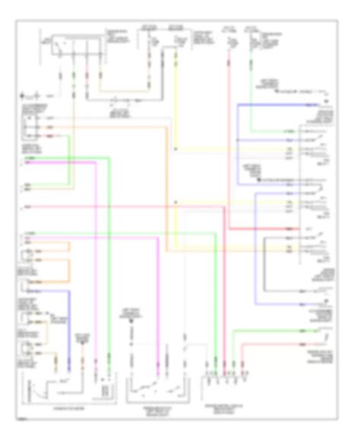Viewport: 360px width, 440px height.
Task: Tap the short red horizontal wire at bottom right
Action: (x=273, y=344)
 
